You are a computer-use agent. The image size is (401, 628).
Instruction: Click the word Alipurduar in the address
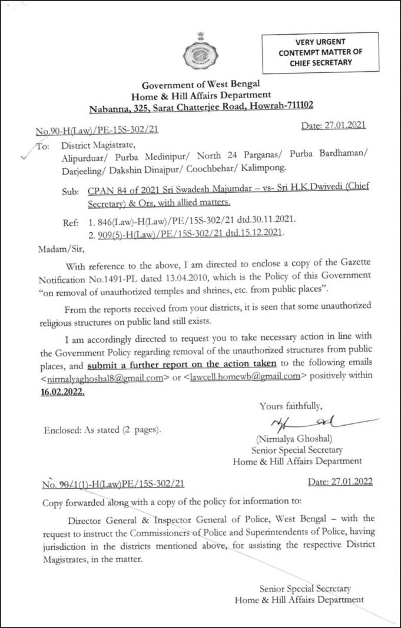click(x=83, y=157)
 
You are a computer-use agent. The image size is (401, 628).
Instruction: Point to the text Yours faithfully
click(x=291, y=405)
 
